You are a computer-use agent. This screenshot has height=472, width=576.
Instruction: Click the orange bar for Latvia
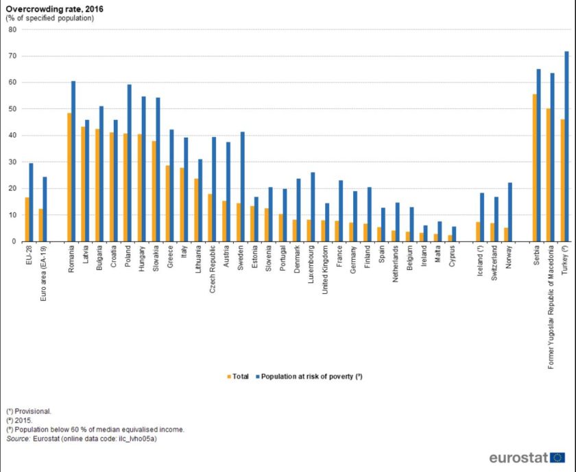tap(83, 184)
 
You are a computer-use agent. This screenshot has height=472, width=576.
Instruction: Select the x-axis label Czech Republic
tap(211, 269)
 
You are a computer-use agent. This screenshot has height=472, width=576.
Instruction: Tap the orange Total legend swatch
tap(228, 376)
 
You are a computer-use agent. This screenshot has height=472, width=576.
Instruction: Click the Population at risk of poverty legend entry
tap(309, 376)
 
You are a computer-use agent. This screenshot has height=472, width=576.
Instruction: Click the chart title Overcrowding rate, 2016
tap(47, 8)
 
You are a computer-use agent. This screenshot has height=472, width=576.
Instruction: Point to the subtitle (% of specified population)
tap(50, 18)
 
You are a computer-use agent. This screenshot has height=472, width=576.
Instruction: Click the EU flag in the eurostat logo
tap(557, 457)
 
